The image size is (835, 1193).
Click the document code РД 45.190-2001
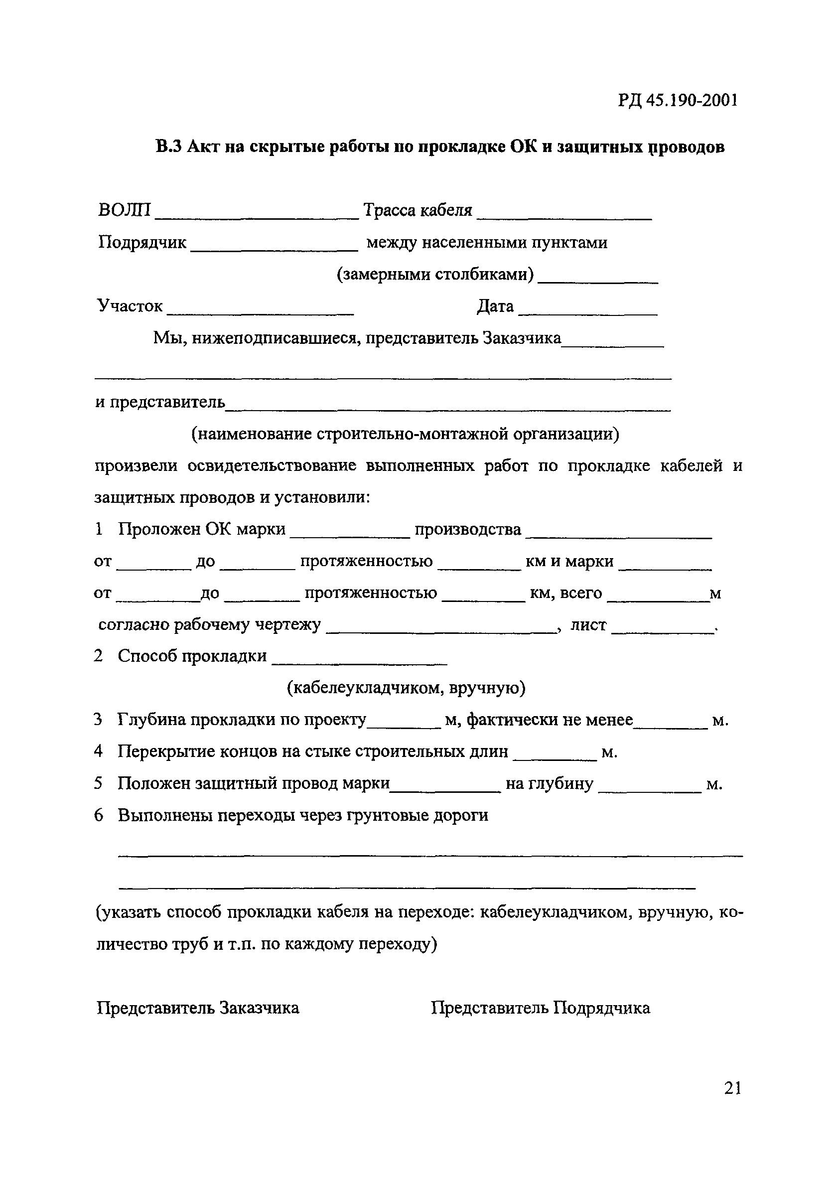coord(677,100)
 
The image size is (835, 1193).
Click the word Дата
coord(495,306)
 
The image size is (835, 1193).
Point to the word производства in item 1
coord(468,529)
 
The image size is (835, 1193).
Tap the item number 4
coord(98,751)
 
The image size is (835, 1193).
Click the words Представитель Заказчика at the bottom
coord(198,1008)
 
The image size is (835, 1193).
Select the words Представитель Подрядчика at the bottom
coord(540,1008)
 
